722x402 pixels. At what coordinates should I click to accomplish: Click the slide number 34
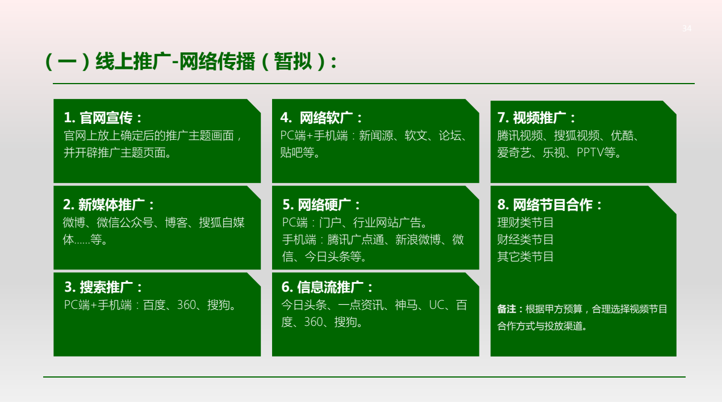coord(687,28)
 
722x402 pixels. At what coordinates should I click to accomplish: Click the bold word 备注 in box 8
coord(506,309)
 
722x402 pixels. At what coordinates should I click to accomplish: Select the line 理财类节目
coord(525,223)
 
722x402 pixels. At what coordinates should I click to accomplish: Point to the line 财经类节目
coord(525,240)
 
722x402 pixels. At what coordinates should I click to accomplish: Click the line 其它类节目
coord(525,257)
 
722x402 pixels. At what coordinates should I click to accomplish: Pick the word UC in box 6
coord(436,305)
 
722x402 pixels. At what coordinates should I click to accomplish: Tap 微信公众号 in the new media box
coord(125,223)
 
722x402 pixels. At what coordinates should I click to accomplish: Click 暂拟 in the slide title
coord(293,61)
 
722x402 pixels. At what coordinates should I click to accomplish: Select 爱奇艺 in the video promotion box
coord(514,152)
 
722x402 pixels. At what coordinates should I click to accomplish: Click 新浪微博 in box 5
coord(418,240)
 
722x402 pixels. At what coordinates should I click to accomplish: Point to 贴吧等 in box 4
coord(297,152)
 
